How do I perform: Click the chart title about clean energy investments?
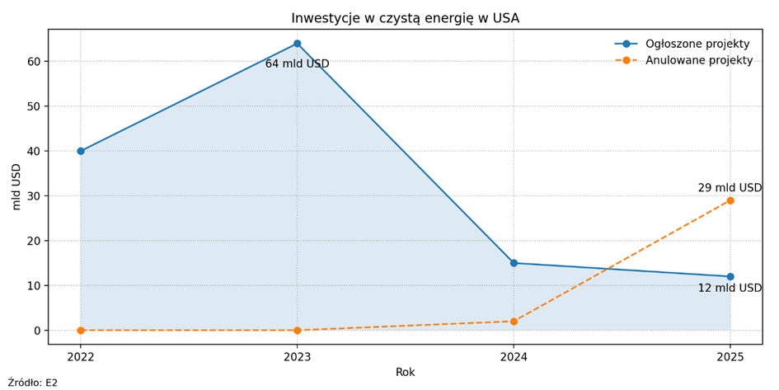[x=405, y=18]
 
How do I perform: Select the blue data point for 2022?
[x=81, y=151]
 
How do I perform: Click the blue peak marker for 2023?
[x=297, y=44]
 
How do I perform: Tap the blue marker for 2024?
[x=514, y=263]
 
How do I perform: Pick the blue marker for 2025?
[x=730, y=276]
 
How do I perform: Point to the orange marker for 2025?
[x=730, y=200]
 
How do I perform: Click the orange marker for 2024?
[x=514, y=322]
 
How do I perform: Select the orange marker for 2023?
[x=297, y=330]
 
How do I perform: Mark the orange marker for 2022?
[x=81, y=330]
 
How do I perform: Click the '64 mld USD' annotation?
[x=297, y=64]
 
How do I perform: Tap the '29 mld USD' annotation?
[x=730, y=188]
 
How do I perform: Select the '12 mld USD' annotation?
[x=730, y=289]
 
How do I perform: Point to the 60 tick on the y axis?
[x=34, y=62]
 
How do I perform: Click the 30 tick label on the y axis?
[x=34, y=196]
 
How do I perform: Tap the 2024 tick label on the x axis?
[x=514, y=357]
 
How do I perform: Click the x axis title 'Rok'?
[x=405, y=373]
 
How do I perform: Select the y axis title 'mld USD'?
[x=16, y=186]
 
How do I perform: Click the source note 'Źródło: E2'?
[x=33, y=383]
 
